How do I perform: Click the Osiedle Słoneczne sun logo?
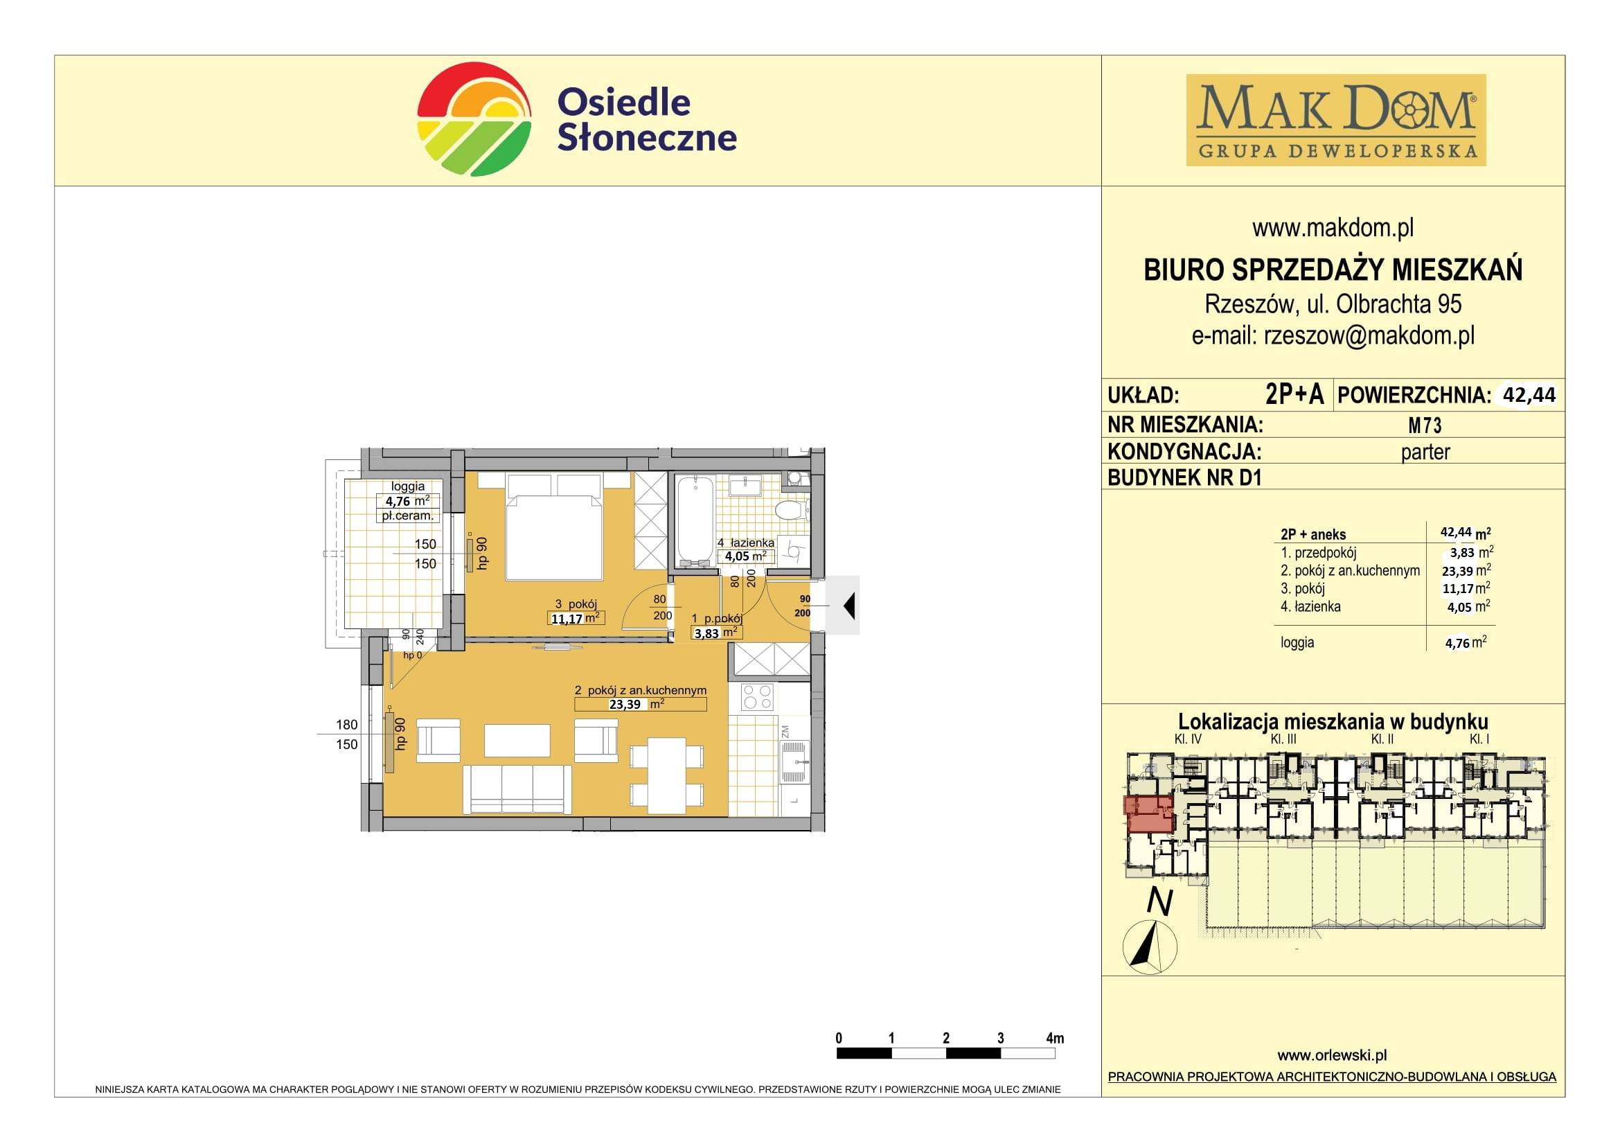tap(474, 119)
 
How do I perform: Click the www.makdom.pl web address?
tap(1333, 228)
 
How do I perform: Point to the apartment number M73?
tap(1425, 425)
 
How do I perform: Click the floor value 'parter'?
tap(1425, 452)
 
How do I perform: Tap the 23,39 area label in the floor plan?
tap(625, 703)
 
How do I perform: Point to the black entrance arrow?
tap(850, 606)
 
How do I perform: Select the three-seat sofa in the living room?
tap(517, 789)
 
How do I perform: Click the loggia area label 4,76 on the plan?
tap(399, 502)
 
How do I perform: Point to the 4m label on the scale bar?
tap(1055, 1038)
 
